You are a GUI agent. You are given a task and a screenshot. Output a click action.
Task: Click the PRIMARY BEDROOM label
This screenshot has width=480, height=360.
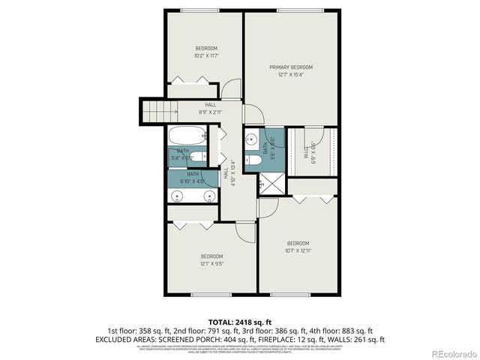[291, 67]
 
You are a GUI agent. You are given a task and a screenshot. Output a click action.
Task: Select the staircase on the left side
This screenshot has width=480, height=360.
[152, 112]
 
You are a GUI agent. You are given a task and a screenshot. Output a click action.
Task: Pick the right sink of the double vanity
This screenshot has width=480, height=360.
[209, 196]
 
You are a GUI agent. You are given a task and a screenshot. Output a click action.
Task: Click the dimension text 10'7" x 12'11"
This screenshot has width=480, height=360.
[298, 250]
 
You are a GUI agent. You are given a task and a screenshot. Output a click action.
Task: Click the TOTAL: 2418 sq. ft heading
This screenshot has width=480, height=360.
[239, 322]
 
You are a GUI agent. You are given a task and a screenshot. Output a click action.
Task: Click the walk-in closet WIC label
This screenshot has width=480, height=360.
[306, 151]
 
